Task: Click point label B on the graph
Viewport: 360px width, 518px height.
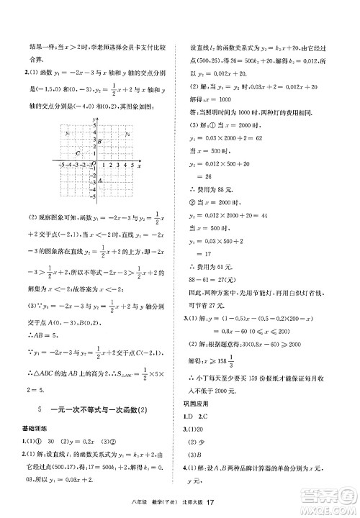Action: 100,141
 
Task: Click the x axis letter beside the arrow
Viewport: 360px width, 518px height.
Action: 138,164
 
